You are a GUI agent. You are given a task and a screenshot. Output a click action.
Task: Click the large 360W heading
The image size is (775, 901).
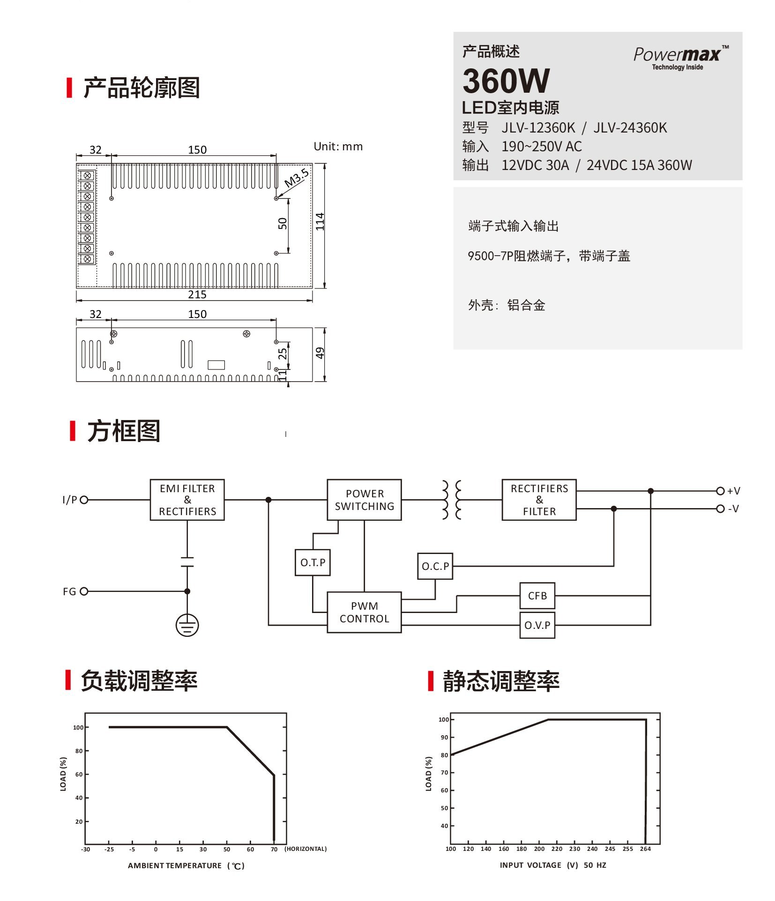(x=506, y=81)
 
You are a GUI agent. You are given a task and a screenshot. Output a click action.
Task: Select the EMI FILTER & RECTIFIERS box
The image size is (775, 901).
(x=187, y=500)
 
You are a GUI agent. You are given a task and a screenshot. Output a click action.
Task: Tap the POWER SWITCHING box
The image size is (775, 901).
(x=364, y=500)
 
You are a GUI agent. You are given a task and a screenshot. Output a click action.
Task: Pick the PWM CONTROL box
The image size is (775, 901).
(x=364, y=612)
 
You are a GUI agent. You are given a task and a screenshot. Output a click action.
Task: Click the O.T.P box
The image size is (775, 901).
(x=313, y=562)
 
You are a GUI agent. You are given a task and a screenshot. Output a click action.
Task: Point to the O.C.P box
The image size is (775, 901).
(x=435, y=566)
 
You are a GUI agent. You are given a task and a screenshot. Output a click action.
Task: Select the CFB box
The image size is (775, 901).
(x=537, y=596)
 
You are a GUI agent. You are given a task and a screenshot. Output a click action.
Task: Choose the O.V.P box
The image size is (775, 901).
(x=537, y=625)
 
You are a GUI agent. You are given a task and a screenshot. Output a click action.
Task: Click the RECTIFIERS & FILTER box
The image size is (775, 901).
(x=539, y=500)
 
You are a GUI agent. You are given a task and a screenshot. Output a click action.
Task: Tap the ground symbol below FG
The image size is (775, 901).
(x=187, y=625)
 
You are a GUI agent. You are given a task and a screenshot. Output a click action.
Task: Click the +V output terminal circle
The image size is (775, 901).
(x=720, y=491)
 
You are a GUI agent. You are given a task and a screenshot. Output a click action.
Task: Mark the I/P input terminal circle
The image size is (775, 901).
(x=84, y=500)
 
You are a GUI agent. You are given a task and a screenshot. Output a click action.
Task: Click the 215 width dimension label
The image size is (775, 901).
(x=197, y=295)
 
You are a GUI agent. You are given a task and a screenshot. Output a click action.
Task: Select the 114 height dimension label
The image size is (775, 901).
(x=320, y=222)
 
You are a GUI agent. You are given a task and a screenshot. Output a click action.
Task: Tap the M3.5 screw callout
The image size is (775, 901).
(x=296, y=178)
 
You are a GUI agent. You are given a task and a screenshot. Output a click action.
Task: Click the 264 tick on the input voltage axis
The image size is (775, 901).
(x=645, y=849)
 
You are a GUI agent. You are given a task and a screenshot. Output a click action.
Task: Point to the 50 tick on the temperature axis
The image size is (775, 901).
(x=227, y=849)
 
